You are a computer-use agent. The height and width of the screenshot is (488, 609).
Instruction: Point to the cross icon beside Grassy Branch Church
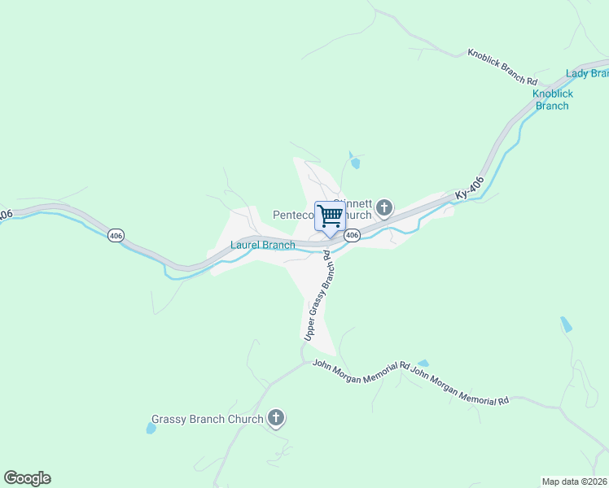(276, 419)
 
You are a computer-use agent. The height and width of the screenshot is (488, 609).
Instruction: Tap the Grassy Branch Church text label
(208, 419)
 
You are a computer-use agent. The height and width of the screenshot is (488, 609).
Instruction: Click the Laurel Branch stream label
(262, 245)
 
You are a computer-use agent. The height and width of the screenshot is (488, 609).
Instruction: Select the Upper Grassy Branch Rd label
(318, 296)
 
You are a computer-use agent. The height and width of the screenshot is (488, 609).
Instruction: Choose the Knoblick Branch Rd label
(502, 68)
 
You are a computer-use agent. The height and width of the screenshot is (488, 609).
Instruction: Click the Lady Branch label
(588, 73)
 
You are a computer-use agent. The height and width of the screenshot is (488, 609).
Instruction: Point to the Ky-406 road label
(471, 189)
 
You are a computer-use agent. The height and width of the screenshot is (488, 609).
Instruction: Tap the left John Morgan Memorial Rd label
(360, 368)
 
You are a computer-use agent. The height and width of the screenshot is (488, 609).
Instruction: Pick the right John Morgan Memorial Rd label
(459, 386)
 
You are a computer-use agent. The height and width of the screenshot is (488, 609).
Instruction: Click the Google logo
(27, 478)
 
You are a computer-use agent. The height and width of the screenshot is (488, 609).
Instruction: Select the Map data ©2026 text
(574, 481)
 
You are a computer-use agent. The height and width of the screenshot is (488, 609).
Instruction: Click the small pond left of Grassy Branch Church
(151, 428)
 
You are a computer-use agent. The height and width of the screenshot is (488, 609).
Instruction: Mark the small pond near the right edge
(566, 325)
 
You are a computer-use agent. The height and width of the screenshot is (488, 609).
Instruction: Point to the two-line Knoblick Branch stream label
(553, 99)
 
